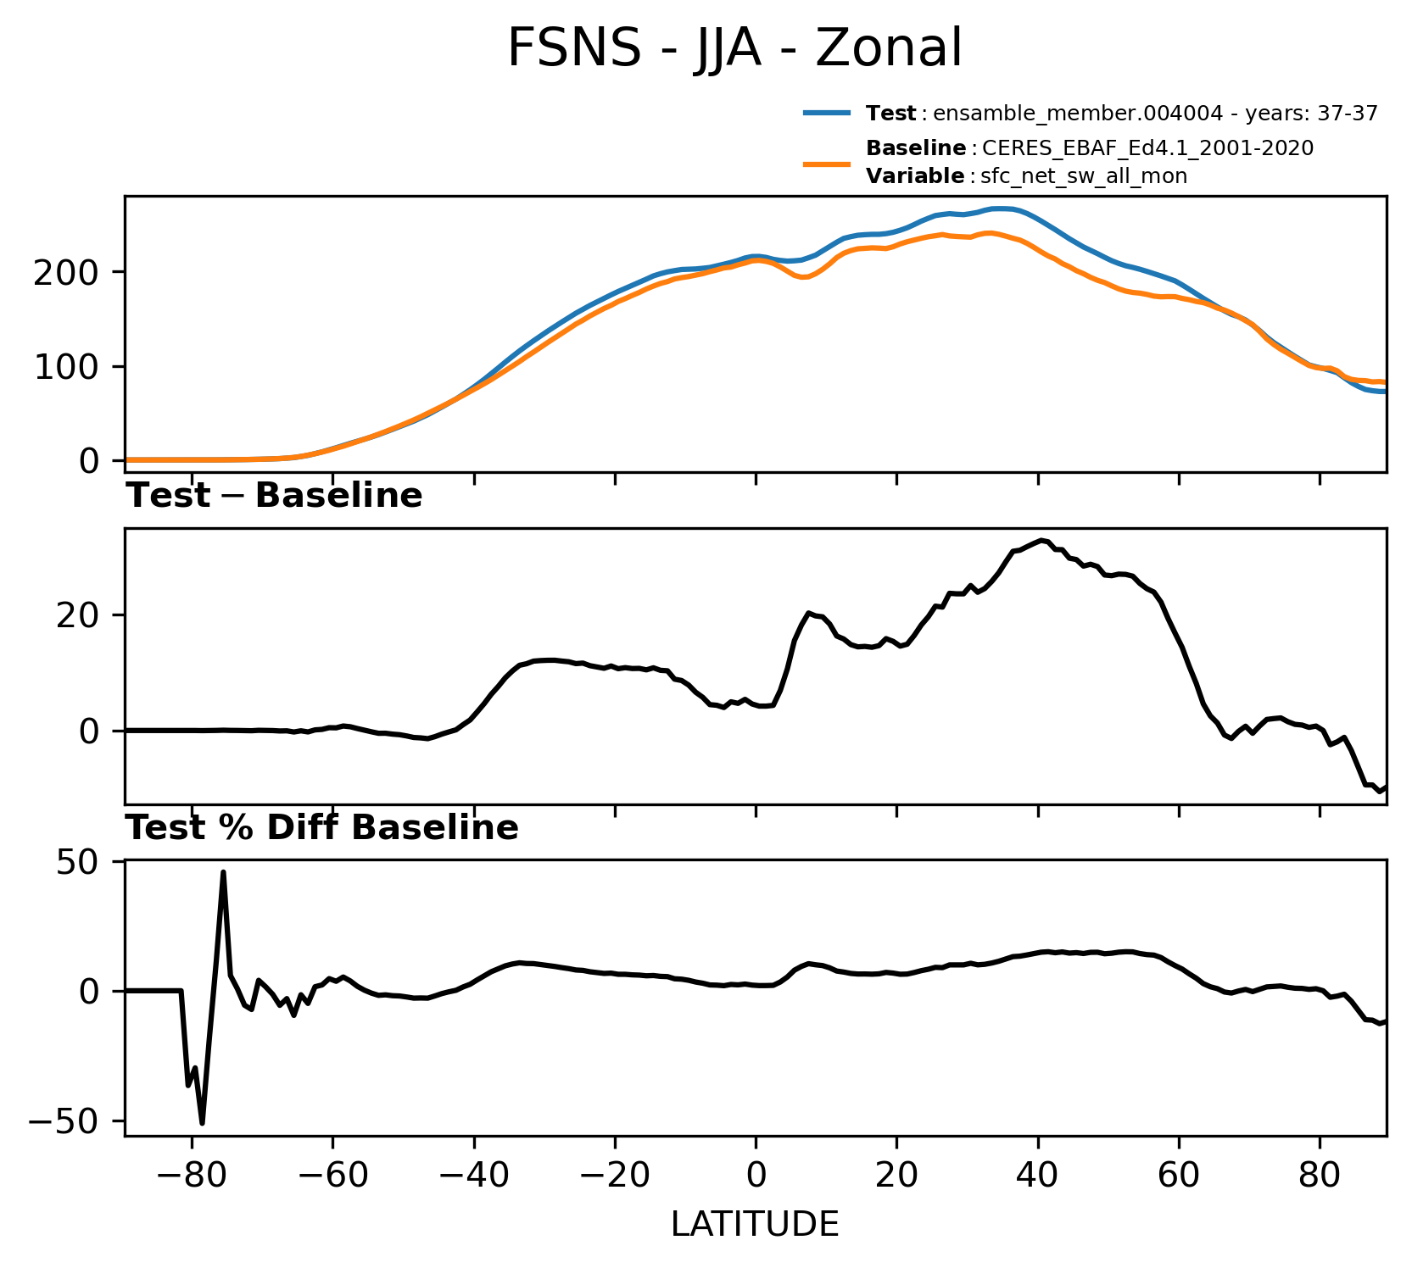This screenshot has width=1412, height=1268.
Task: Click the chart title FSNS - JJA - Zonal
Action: coord(734,48)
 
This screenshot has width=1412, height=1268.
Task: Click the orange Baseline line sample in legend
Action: coord(827,163)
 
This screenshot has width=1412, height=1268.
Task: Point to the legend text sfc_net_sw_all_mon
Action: coord(1084,176)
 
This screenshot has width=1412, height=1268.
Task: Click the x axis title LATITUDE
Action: coord(756,1225)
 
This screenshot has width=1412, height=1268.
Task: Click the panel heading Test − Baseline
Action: coord(274,496)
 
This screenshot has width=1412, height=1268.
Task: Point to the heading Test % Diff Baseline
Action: coord(322,828)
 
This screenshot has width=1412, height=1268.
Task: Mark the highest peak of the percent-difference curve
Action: coord(223,871)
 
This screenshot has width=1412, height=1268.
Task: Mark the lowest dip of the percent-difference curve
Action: coord(202,1123)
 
